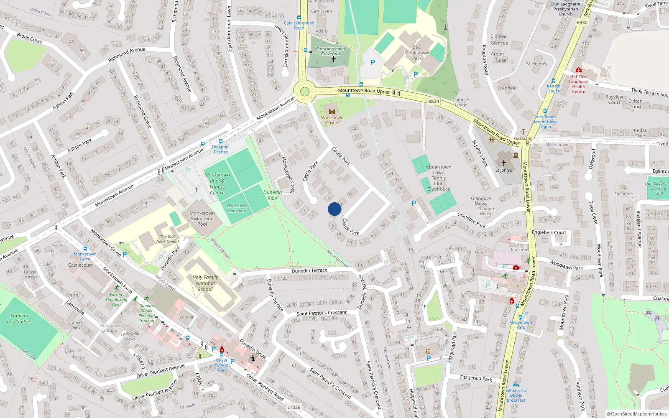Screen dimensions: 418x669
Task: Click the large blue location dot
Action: [x=334, y=209]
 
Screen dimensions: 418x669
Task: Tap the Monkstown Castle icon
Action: [x=332, y=112]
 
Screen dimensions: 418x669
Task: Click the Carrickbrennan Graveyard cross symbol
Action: [x=333, y=59]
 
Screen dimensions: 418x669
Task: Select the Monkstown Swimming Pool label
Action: [x=202, y=218]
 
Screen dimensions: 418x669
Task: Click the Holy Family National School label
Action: [x=205, y=283]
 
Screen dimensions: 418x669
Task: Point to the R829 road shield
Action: [x=434, y=102]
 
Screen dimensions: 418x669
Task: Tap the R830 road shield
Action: [x=582, y=23]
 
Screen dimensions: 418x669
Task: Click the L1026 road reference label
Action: [x=294, y=407]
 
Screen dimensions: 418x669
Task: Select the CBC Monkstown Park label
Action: [x=416, y=53]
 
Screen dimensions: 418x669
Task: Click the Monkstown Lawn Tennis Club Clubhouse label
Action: [x=439, y=178]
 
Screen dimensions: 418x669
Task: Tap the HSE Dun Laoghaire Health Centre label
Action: [x=579, y=84]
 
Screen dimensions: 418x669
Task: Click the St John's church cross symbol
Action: [x=503, y=163]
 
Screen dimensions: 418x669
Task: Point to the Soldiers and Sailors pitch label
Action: [x=19, y=319]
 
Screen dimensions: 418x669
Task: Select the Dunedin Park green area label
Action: [x=273, y=195]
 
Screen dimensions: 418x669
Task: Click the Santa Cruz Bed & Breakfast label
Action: [x=516, y=395]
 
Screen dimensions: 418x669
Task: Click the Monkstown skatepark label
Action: [x=237, y=208]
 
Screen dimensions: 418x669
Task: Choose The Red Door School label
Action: [x=167, y=239]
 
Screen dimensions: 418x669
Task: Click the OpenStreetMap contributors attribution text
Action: [x=636, y=414]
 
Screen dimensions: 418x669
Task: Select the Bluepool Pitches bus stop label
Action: [x=221, y=149]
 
